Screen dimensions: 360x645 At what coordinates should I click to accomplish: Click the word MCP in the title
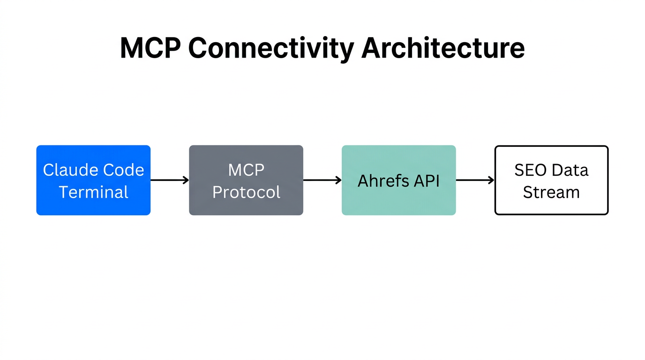pyautogui.click(x=150, y=48)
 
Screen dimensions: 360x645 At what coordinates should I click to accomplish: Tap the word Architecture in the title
pyautogui.click(x=443, y=48)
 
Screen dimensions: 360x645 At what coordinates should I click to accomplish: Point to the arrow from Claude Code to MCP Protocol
pyautogui.click(x=169, y=180)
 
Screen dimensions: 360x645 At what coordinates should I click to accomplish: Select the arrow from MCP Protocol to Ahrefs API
pyautogui.click(x=322, y=180)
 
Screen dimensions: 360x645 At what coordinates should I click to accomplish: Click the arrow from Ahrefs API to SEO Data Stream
pyautogui.click(x=475, y=180)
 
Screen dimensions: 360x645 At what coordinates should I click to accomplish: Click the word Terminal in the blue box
pyautogui.click(x=93, y=192)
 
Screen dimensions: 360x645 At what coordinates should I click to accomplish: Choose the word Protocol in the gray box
pyautogui.click(x=246, y=192)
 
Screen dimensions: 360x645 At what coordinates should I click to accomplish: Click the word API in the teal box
pyautogui.click(x=426, y=181)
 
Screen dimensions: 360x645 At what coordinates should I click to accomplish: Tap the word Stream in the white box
pyautogui.click(x=551, y=192)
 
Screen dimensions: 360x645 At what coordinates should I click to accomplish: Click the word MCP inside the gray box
pyautogui.click(x=246, y=170)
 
